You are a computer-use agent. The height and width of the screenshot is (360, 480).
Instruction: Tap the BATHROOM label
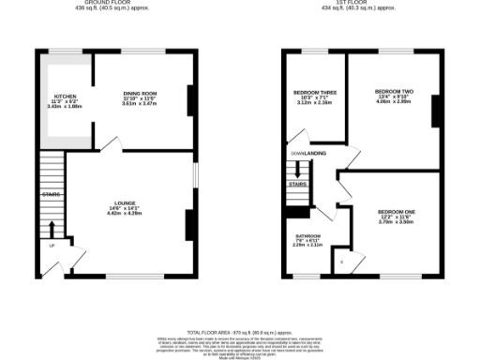(x=308, y=235)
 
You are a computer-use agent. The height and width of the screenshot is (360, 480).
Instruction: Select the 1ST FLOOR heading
(x=360, y=3)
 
